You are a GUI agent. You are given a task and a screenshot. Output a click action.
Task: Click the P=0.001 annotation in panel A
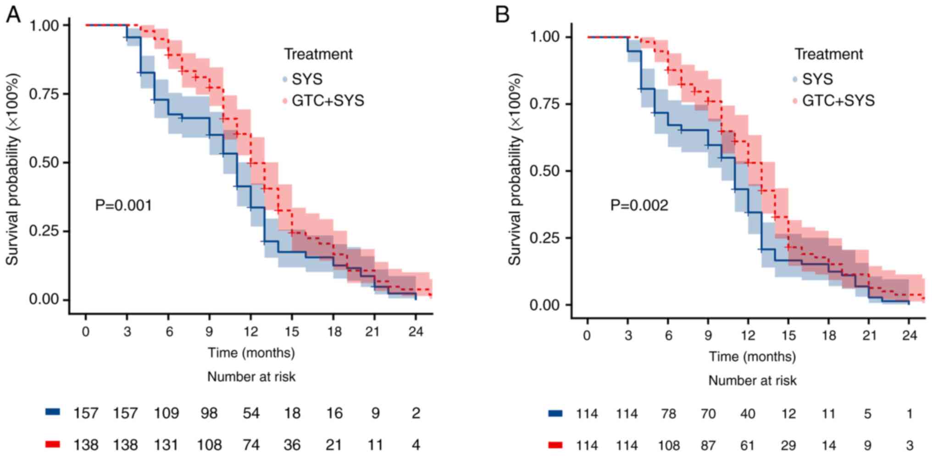coord(123,205)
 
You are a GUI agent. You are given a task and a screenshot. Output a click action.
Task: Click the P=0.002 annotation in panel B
coord(639,205)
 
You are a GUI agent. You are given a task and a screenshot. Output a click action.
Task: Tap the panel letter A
coord(13,15)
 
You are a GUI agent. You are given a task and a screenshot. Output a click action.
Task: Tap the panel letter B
coord(502,15)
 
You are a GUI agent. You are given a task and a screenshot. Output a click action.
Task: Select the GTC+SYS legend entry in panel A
coord(327,101)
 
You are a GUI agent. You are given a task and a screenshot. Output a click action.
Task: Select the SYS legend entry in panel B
coord(817,79)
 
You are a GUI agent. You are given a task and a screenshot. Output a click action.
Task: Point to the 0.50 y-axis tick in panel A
coord(44,163)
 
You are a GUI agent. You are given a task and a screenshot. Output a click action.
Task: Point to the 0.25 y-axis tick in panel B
coord(545,238)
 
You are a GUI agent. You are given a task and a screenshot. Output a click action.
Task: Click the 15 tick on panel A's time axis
coord(292,332)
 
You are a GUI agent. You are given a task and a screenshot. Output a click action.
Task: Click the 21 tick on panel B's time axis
coord(869,335)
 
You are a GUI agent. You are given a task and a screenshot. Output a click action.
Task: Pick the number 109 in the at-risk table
coord(166,413)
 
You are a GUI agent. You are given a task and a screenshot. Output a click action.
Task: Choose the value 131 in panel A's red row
coord(166,445)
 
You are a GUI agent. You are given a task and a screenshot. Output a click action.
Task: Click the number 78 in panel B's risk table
coord(668,414)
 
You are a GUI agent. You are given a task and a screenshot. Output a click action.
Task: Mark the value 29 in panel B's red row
coord(788,445)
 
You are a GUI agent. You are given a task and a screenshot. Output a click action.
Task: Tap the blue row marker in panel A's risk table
coord(53,412)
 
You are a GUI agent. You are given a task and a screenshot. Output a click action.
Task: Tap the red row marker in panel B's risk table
coord(555,445)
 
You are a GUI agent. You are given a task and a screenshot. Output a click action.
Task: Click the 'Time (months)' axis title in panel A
coord(251,353)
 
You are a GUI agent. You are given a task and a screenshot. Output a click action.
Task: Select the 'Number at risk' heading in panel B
coord(752,380)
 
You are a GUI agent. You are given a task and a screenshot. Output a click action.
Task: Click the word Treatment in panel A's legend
coord(318,54)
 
